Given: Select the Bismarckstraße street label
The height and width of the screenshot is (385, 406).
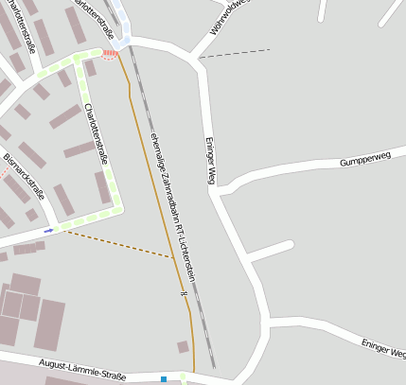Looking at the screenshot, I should [x=25, y=170].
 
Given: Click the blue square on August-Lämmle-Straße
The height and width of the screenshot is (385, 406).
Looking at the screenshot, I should [x=164, y=379].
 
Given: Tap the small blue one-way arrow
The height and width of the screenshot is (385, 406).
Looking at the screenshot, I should [x=48, y=231].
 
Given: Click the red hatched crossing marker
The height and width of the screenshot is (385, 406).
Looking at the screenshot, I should [x=111, y=54].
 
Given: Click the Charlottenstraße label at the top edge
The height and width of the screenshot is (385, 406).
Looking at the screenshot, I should [x=104, y=19].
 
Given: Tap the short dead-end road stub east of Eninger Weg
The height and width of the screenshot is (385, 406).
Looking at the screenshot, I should [x=270, y=251].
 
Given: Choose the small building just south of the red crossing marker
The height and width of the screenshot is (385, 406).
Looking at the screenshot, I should [x=91, y=68].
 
